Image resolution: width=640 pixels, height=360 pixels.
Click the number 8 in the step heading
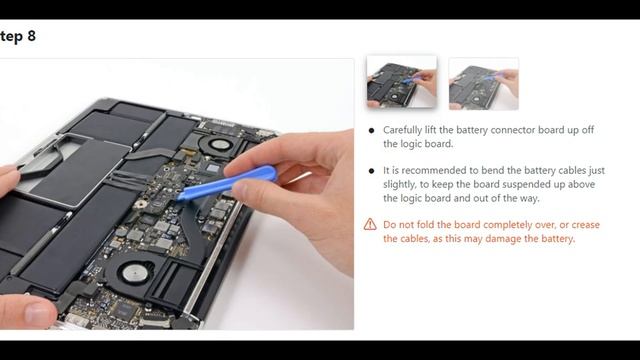coord(32,36)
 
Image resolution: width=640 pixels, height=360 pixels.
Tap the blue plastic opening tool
coord(229,183)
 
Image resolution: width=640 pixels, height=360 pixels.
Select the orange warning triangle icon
coord(370,224)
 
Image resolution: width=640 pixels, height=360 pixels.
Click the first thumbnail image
coord(402,82)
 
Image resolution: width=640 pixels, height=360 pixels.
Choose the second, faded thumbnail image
coord(484,84)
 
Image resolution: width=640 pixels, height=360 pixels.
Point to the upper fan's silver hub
coord(221,144)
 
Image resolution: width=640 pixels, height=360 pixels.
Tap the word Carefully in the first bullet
coord(404,131)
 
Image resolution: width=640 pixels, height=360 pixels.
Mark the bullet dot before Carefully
coord(371,131)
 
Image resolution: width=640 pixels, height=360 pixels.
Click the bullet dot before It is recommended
coord(371,171)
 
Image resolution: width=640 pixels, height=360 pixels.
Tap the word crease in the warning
coord(585,225)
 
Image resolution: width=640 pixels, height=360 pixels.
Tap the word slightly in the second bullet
coord(399,185)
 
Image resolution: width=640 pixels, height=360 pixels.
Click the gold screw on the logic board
coord(141,204)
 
